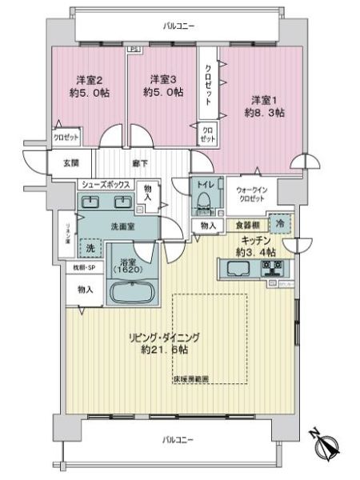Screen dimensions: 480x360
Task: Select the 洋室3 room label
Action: pyautogui.click(x=162, y=80)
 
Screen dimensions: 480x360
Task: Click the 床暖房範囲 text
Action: pyautogui.click(x=192, y=378)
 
